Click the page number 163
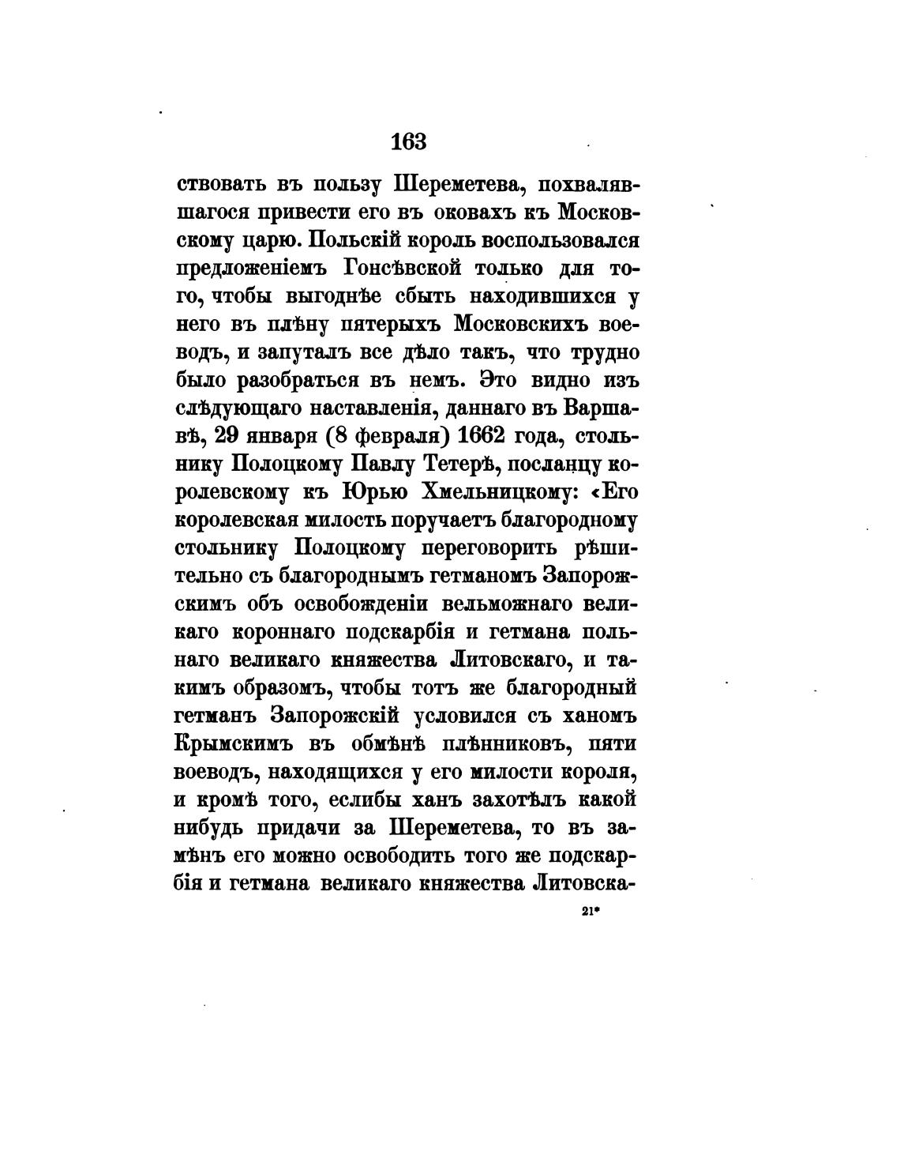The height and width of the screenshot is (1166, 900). (408, 141)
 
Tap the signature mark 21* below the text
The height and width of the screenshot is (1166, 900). (591, 910)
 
